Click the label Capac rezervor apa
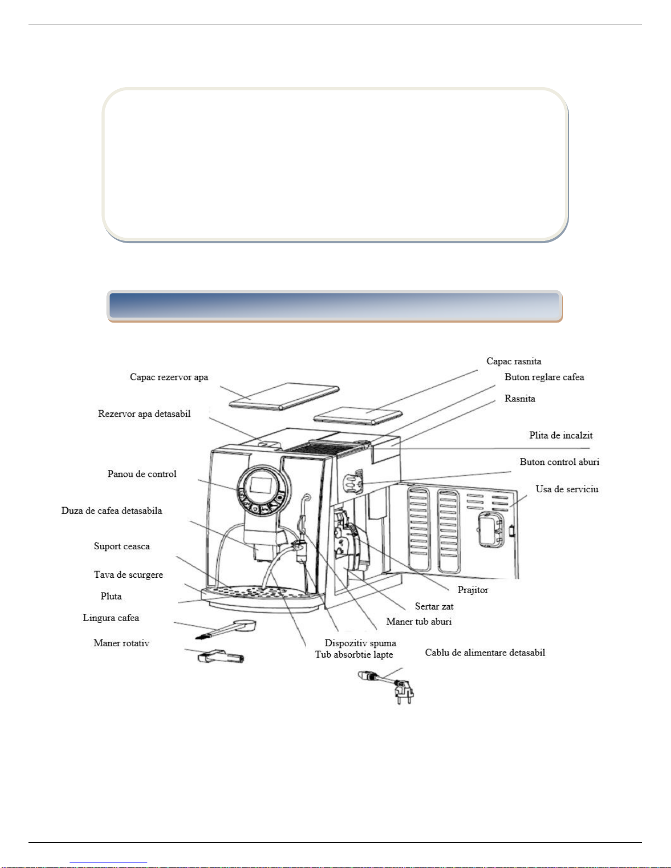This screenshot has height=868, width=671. coord(169,377)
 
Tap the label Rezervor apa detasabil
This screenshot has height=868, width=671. coord(144,414)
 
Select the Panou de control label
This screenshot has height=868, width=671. coord(142,474)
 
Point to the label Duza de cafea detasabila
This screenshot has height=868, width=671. coord(112,511)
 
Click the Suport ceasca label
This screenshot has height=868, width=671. coord(122,547)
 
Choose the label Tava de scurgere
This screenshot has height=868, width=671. coord(128,575)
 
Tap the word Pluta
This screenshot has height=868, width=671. coord(111,596)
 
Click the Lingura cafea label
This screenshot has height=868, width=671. coord(111,618)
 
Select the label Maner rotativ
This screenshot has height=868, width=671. coord(121,643)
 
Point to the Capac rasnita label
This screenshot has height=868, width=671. coord(514,361)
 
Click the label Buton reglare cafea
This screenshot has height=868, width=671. coord(544,377)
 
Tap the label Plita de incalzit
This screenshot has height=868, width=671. coord(560,435)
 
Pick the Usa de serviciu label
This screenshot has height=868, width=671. coord(567,489)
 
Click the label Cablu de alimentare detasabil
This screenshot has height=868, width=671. coord(485,653)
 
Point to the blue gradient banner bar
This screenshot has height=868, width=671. coord(334,306)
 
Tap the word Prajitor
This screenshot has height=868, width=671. coord(473,590)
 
